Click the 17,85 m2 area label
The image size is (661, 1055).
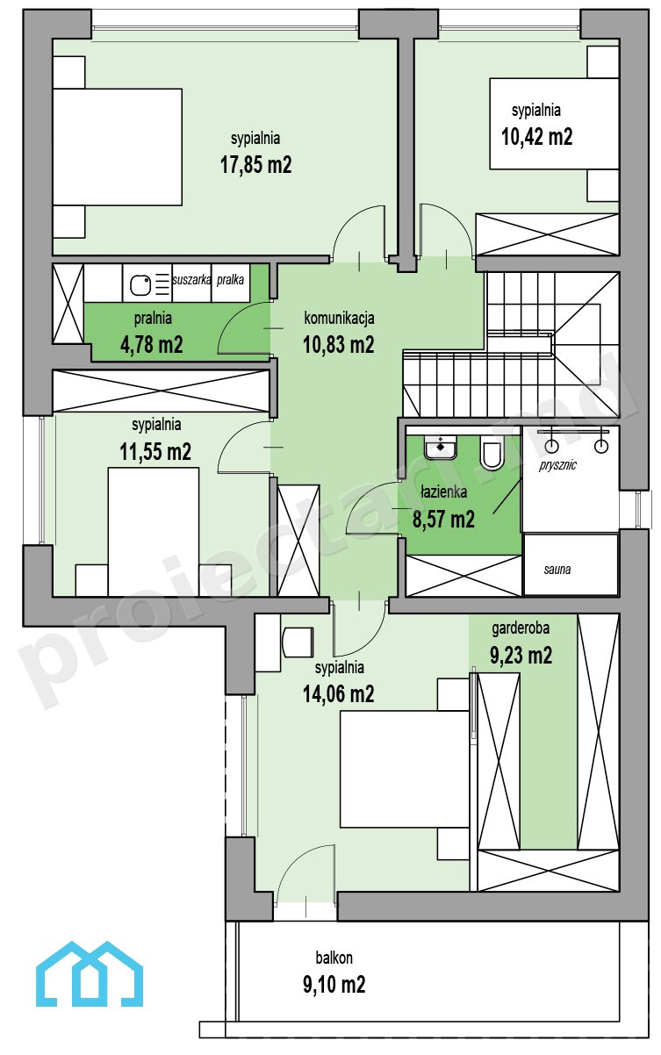[255, 165]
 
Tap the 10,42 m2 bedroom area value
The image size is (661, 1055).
[536, 137]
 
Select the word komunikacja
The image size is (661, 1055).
[339, 318]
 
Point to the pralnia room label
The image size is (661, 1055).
[153, 319]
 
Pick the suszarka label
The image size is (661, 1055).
[191, 280]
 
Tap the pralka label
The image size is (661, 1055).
[230, 280]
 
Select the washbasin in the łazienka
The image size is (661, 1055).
[441, 447]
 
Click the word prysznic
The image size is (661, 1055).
[557, 466]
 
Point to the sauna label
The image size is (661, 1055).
[557, 570]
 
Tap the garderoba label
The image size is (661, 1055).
[521, 628]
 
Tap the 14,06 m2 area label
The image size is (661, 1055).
[339, 693]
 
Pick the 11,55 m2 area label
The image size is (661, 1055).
[155, 452]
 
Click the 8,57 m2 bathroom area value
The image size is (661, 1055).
[443, 520]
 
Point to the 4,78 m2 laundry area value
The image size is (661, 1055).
[152, 345]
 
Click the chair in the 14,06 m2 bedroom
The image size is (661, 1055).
[298, 642]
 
